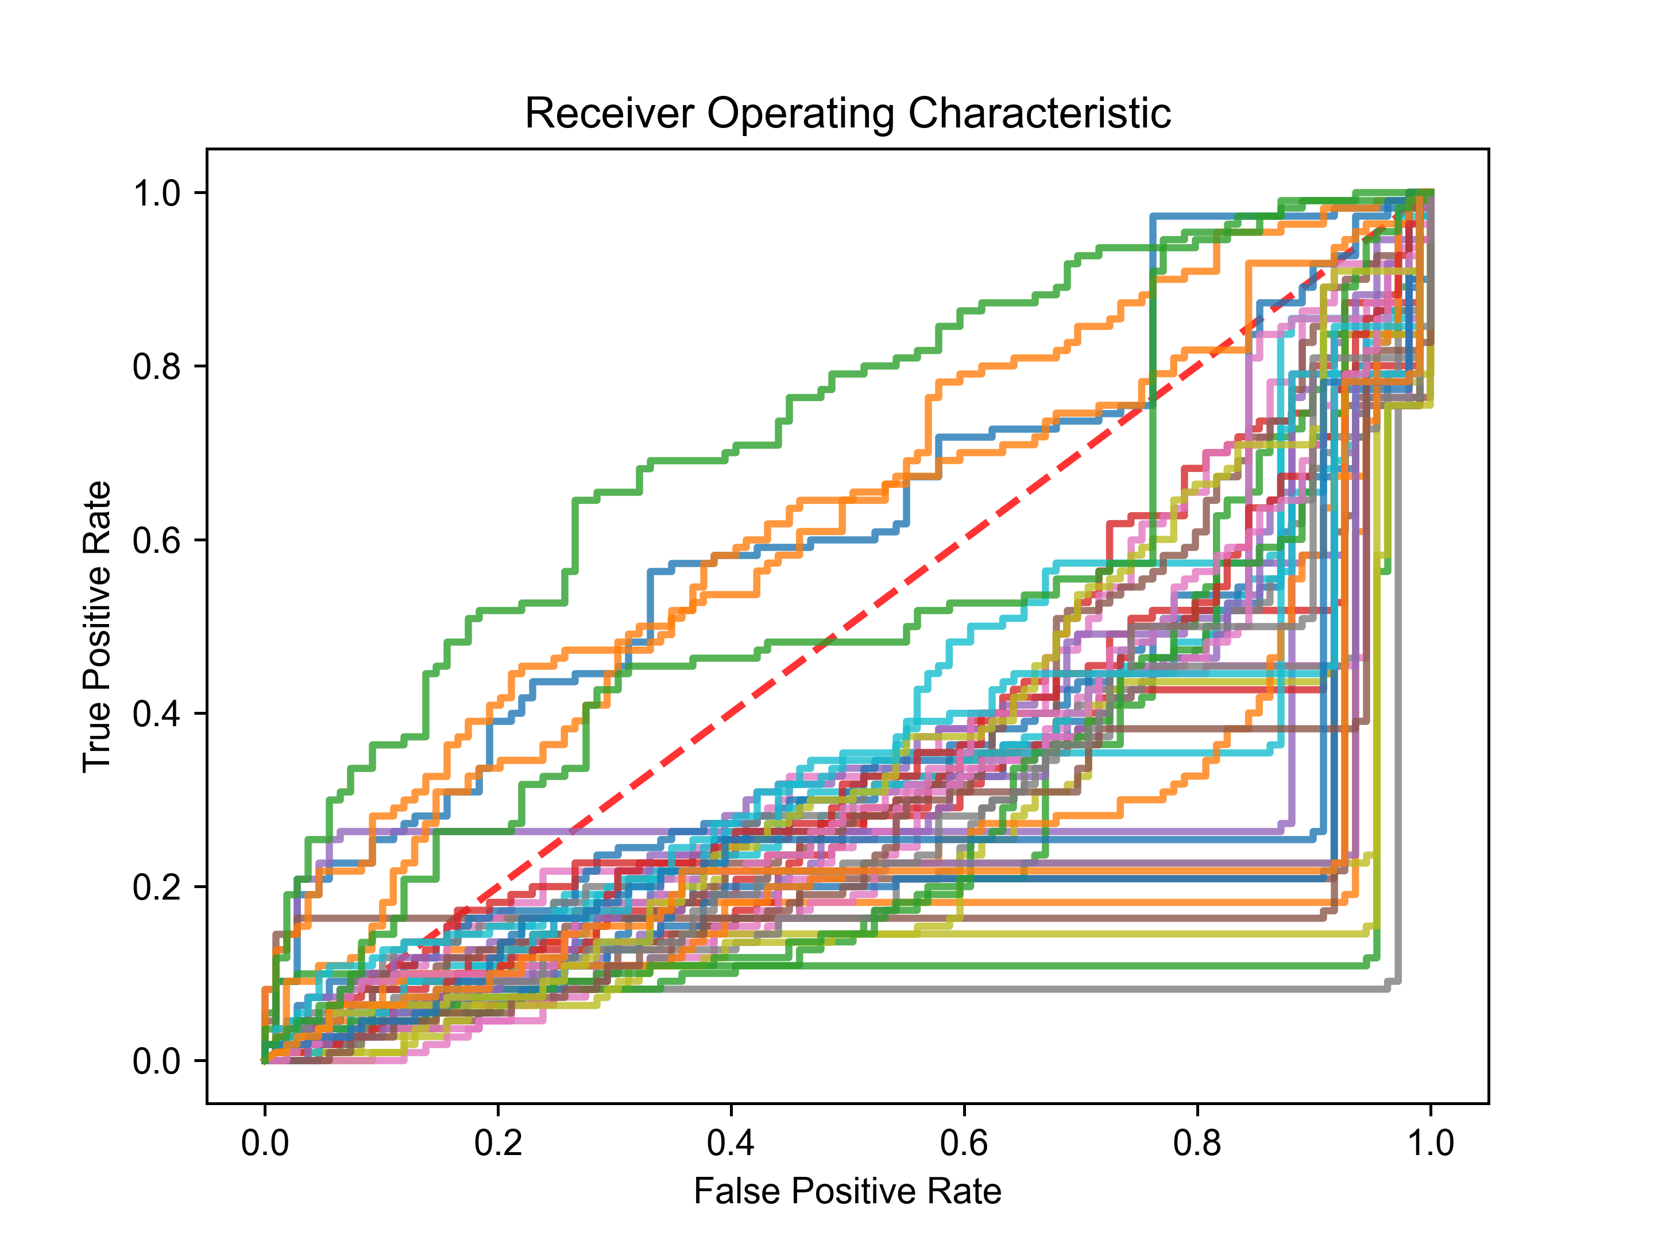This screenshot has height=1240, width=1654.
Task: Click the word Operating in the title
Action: [x=799, y=114]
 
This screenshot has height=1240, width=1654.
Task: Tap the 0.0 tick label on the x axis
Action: [x=265, y=1144]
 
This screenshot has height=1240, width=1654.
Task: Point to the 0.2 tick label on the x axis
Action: [x=498, y=1144]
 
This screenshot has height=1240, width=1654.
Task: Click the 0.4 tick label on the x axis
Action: [x=731, y=1144]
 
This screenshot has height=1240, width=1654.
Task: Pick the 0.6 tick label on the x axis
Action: [x=964, y=1144]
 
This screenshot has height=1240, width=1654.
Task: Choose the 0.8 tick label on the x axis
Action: [x=1197, y=1144]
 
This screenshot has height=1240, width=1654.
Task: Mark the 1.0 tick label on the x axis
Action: [x=1431, y=1144]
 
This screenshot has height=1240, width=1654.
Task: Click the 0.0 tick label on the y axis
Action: [x=156, y=1061]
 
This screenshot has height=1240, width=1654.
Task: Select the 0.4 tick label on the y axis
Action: [x=156, y=714]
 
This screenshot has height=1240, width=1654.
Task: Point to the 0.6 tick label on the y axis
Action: [x=156, y=540]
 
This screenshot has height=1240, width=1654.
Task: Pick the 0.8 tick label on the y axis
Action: [x=156, y=366]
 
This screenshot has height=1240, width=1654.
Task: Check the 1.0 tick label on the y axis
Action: [x=156, y=193]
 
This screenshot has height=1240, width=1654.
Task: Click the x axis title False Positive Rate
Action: [x=847, y=1191]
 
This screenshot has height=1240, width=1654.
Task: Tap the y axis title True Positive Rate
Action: [x=96, y=626]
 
